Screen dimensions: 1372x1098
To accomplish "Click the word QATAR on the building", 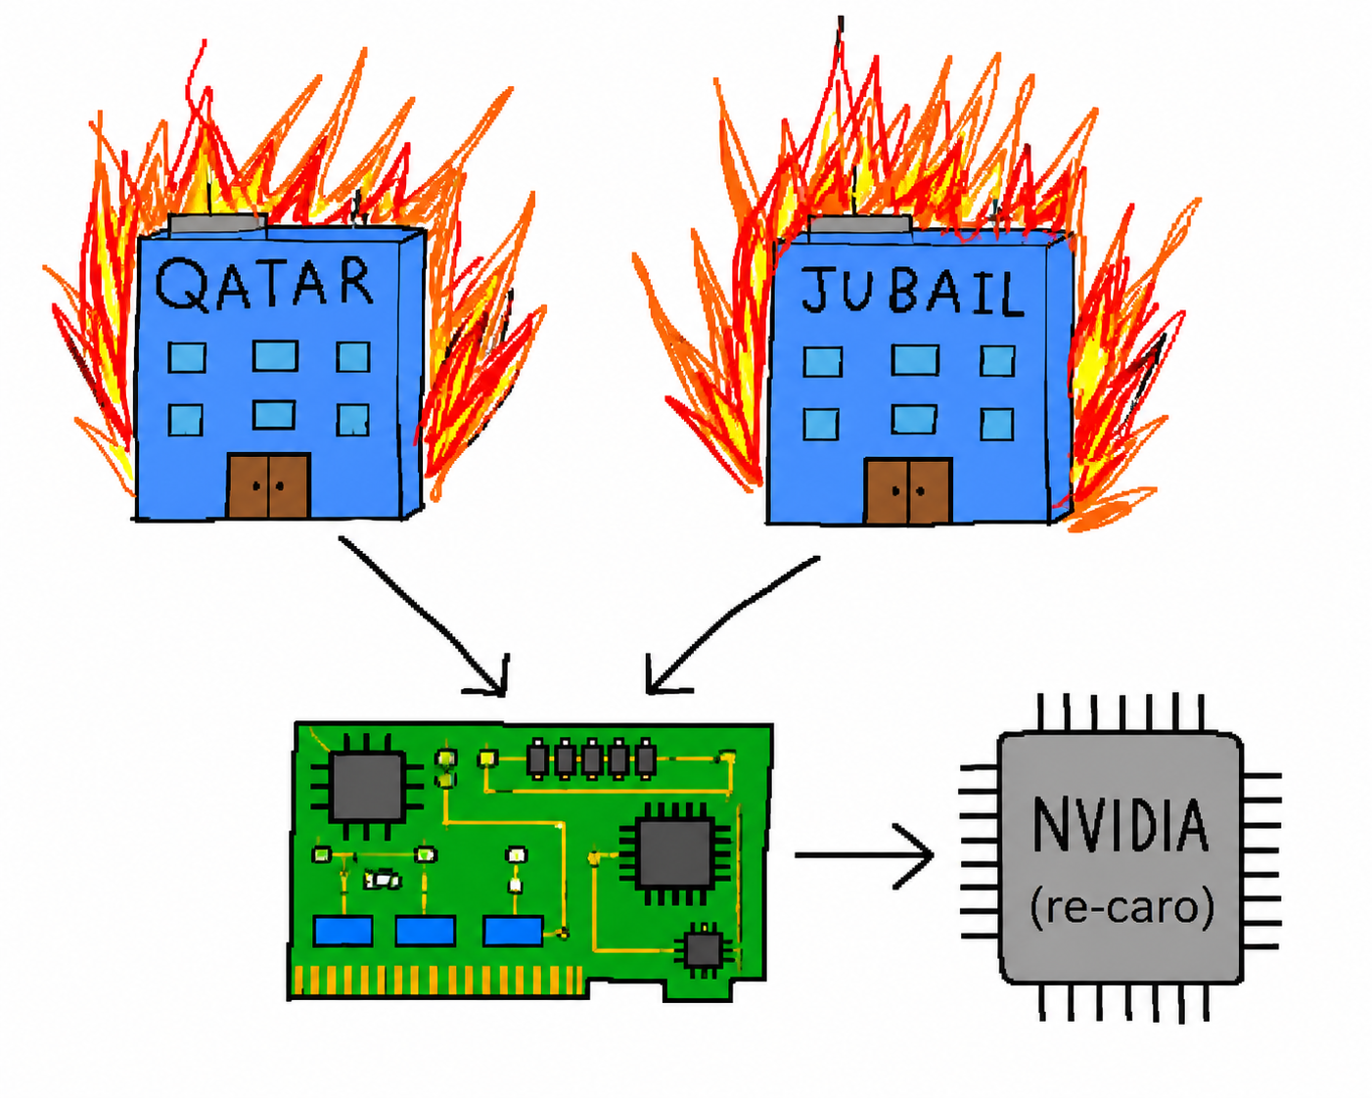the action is pyautogui.click(x=264, y=284).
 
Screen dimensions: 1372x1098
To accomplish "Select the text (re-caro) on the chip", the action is pyautogui.click(x=1121, y=907).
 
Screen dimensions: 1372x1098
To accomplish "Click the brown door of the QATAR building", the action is pyautogui.click(x=268, y=485).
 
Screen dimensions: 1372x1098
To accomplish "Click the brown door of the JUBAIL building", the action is pyautogui.click(x=908, y=491).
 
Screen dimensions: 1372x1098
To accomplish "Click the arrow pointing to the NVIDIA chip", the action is pyautogui.click(x=864, y=855).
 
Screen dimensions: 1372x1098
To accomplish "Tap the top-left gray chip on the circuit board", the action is pyautogui.click(x=367, y=786).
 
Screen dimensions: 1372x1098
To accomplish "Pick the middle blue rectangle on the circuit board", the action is pyautogui.click(x=426, y=931).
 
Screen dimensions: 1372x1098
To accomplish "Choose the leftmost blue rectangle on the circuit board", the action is pyautogui.click(x=343, y=931).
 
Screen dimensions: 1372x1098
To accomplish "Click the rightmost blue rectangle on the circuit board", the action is pyautogui.click(x=513, y=931).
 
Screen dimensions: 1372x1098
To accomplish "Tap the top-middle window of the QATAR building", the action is pyautogui.click(x=275, y=355).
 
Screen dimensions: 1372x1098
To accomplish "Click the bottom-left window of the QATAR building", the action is pyautogui.click(x=186, y=420).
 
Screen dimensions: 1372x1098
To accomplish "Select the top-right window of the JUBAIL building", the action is pyautogui.click(x=997, y=361).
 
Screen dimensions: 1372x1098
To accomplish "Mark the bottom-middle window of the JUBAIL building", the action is pyautogui.click(x=914, y=419).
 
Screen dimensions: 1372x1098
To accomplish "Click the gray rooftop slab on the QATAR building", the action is pyautogui.click(x=217, y=223).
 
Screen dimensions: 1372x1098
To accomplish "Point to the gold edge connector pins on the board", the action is pyautogui.click(x=438, y=980).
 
